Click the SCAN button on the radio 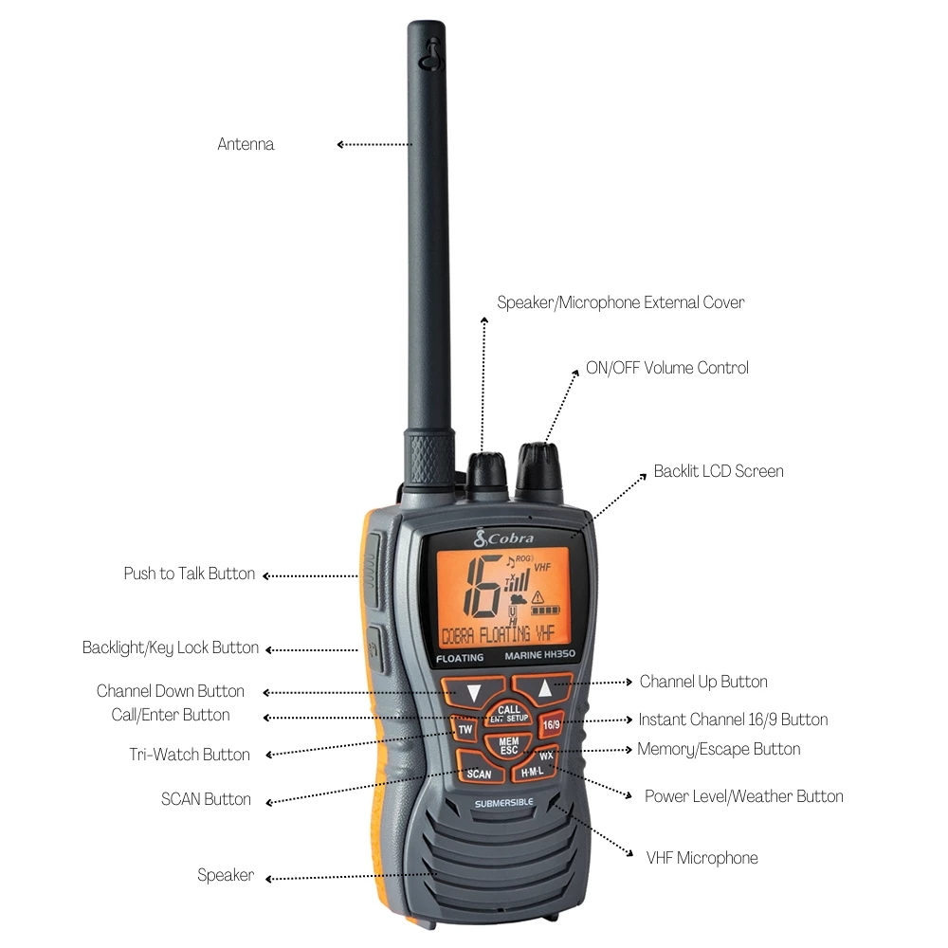(x=479, y=773)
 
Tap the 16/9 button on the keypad (x=551, y=725)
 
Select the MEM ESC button (x=509, y=745)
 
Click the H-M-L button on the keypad (x=533, y=773)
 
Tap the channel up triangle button (x=544, y=689)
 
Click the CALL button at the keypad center (x=509, y=713)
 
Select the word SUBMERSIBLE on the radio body (x=503, y=803)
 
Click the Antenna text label (x=246, y=144)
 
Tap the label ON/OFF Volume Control (x=666, y=368)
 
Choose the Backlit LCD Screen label (x=719, y=471)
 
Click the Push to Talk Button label (x=189, y=574)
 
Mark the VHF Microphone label (x=702, y=858)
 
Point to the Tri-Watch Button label (x=190, y=755)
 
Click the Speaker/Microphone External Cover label (x=621, y=302)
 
